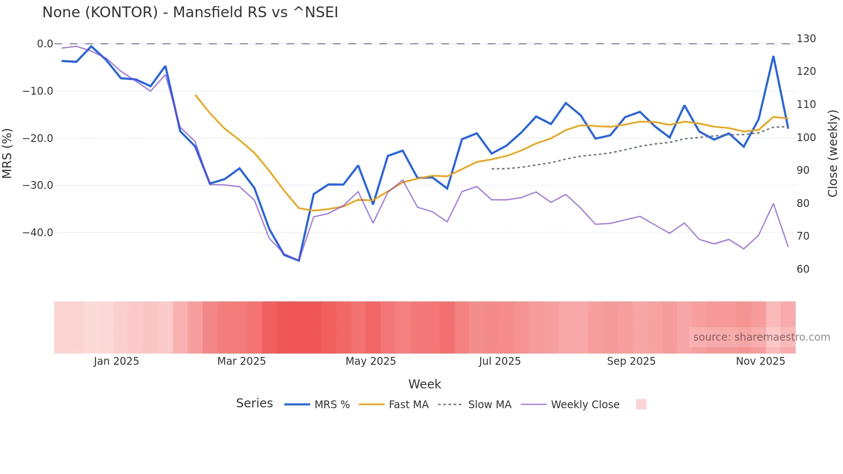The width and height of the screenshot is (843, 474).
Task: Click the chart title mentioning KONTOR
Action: (x=190, y=12)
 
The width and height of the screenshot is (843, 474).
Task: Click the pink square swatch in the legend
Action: (x=641, y=404)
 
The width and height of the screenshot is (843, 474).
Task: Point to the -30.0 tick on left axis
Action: (x=38, y=185)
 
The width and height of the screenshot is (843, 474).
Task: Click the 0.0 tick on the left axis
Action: (x=45, y=44)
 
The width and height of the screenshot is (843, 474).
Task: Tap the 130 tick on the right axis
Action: (x=806, y=39)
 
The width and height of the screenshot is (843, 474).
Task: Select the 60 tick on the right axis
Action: (x=803, y=269)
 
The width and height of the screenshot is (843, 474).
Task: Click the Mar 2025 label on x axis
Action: (x=241, y=361)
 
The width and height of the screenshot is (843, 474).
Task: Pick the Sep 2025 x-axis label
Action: (x=631, y=361)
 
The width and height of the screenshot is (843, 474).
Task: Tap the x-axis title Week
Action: (x=425, y=384)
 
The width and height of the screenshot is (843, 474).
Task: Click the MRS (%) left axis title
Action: (x=7, y=153)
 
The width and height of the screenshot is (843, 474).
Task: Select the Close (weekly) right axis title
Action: (x=833, y=153)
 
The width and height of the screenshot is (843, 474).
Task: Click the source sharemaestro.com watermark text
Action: (x=761, y=337)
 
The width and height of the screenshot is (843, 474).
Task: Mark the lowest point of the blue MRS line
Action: (x=299, y=261)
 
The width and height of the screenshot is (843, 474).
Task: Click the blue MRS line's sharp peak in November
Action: (x=773, y=56)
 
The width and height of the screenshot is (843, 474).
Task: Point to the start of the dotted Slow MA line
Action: (x=492, y=169)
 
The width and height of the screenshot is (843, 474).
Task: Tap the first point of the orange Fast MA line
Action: (x=195, y=95)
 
